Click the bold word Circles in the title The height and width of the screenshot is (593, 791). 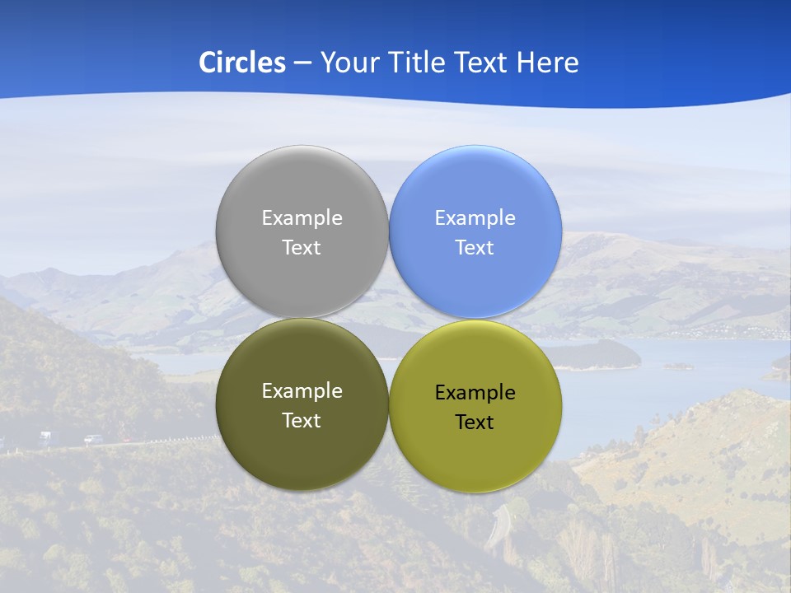241,63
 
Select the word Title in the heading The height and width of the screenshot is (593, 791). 420,63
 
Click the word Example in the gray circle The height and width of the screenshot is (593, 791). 302,218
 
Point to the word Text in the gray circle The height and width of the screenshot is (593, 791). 302,248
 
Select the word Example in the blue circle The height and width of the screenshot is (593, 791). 475,218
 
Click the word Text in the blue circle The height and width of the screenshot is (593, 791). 475,248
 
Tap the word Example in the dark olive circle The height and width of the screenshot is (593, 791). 302,391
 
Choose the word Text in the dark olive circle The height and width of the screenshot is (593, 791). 302,421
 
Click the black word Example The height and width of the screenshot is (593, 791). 475,393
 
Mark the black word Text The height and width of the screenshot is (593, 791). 475,423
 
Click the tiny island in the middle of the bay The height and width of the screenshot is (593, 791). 678,367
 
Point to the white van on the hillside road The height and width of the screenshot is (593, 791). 44,436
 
